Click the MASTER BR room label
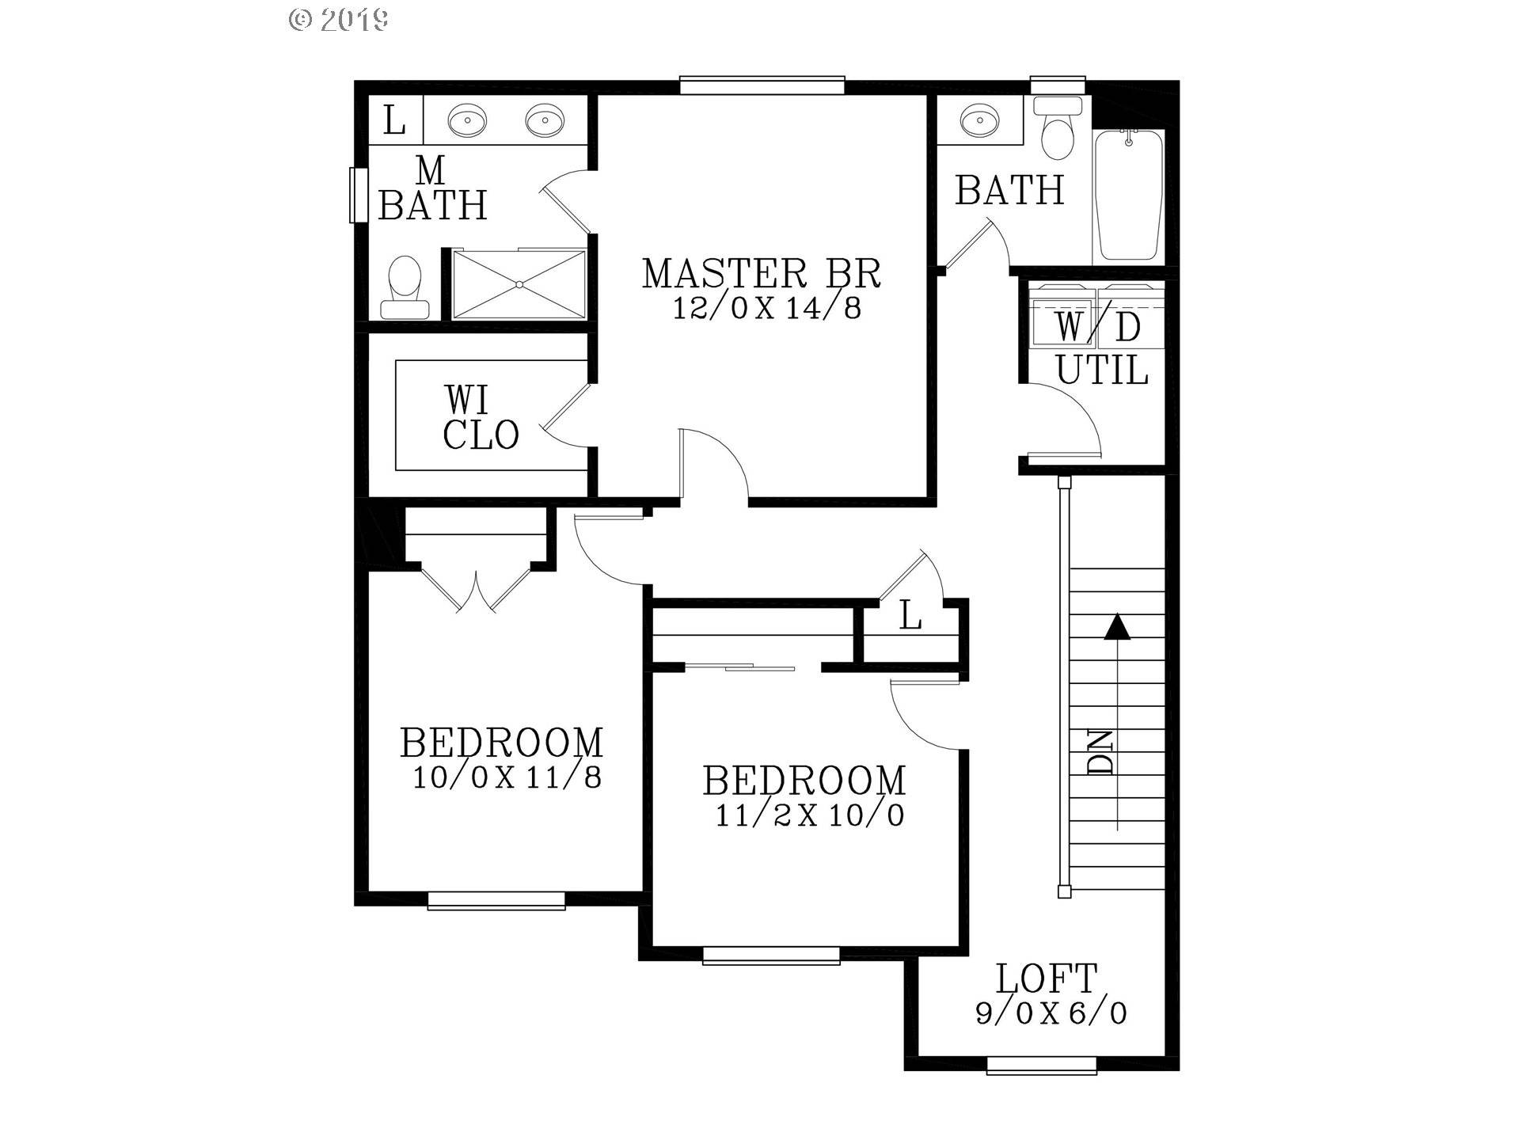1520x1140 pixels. click(761, 273)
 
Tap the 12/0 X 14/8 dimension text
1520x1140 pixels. click(766, 308)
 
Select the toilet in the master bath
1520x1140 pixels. click(405, 287)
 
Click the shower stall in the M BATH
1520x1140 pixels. click(519, 284)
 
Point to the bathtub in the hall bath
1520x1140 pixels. click(1129, 196)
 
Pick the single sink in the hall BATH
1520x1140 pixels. click(979, 120)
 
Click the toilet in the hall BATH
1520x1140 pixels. click(1058, 129)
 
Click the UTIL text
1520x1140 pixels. click(1102, 370)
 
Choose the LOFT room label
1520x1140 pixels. click(1047, 978)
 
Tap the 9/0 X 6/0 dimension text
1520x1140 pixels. click(1051, 1013)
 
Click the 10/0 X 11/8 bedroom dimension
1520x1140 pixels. click(507, 777)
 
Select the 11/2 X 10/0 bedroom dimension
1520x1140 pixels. click(810, 815)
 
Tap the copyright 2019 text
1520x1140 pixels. click(339, 20)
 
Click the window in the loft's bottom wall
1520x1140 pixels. click(1042, 1066)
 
